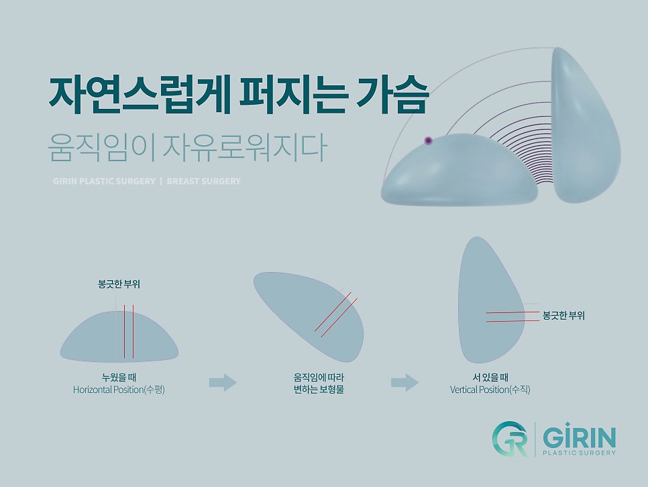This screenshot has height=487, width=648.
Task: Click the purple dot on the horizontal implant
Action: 428,140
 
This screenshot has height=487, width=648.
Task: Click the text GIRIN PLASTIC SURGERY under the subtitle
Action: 104,181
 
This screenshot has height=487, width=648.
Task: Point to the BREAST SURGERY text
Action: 203,181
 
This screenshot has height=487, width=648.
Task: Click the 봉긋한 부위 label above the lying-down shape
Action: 119,285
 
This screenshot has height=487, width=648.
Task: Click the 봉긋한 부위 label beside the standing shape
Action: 563,315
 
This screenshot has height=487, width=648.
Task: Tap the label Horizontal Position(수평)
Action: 119,390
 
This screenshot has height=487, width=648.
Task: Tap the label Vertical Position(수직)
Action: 490,390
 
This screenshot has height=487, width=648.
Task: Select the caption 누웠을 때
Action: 119,378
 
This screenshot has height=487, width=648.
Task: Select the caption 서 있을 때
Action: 490,378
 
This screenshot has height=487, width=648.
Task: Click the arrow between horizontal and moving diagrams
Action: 223,383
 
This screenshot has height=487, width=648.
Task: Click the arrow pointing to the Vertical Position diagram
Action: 404,383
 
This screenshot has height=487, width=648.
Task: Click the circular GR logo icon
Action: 510,439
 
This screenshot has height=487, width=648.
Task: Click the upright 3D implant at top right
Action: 584,128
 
